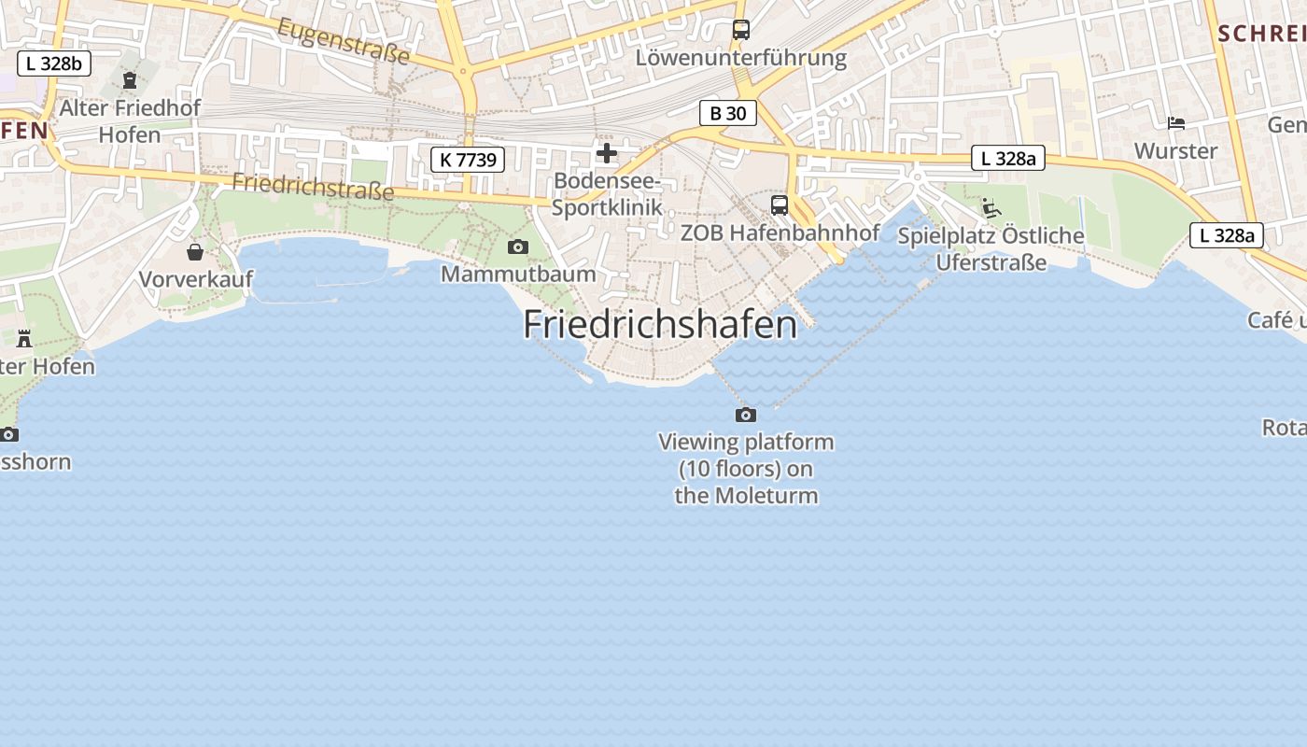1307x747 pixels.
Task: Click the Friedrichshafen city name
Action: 660,324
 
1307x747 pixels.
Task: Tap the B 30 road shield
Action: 727,113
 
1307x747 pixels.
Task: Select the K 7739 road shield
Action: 468,160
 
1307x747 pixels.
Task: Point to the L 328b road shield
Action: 54,63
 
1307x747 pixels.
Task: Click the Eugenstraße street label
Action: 344,41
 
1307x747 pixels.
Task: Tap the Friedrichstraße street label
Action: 313,186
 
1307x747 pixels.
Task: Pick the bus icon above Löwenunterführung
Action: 740,30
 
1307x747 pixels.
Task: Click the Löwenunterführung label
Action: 740,58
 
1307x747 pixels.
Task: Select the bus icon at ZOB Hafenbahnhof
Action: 779,205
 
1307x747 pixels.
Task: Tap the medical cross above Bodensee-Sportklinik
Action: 607,152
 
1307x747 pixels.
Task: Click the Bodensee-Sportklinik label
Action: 607,193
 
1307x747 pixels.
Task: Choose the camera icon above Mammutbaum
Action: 517,247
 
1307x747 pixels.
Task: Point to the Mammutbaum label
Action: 518,274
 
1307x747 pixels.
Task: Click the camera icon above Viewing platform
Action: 745,415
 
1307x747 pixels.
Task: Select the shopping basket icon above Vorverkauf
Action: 195,252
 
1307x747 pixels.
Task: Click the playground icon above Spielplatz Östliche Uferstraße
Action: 991,207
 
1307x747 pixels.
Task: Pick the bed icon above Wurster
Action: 1175,123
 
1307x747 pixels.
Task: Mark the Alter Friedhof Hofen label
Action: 130,120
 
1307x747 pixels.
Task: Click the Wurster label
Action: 1175,150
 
